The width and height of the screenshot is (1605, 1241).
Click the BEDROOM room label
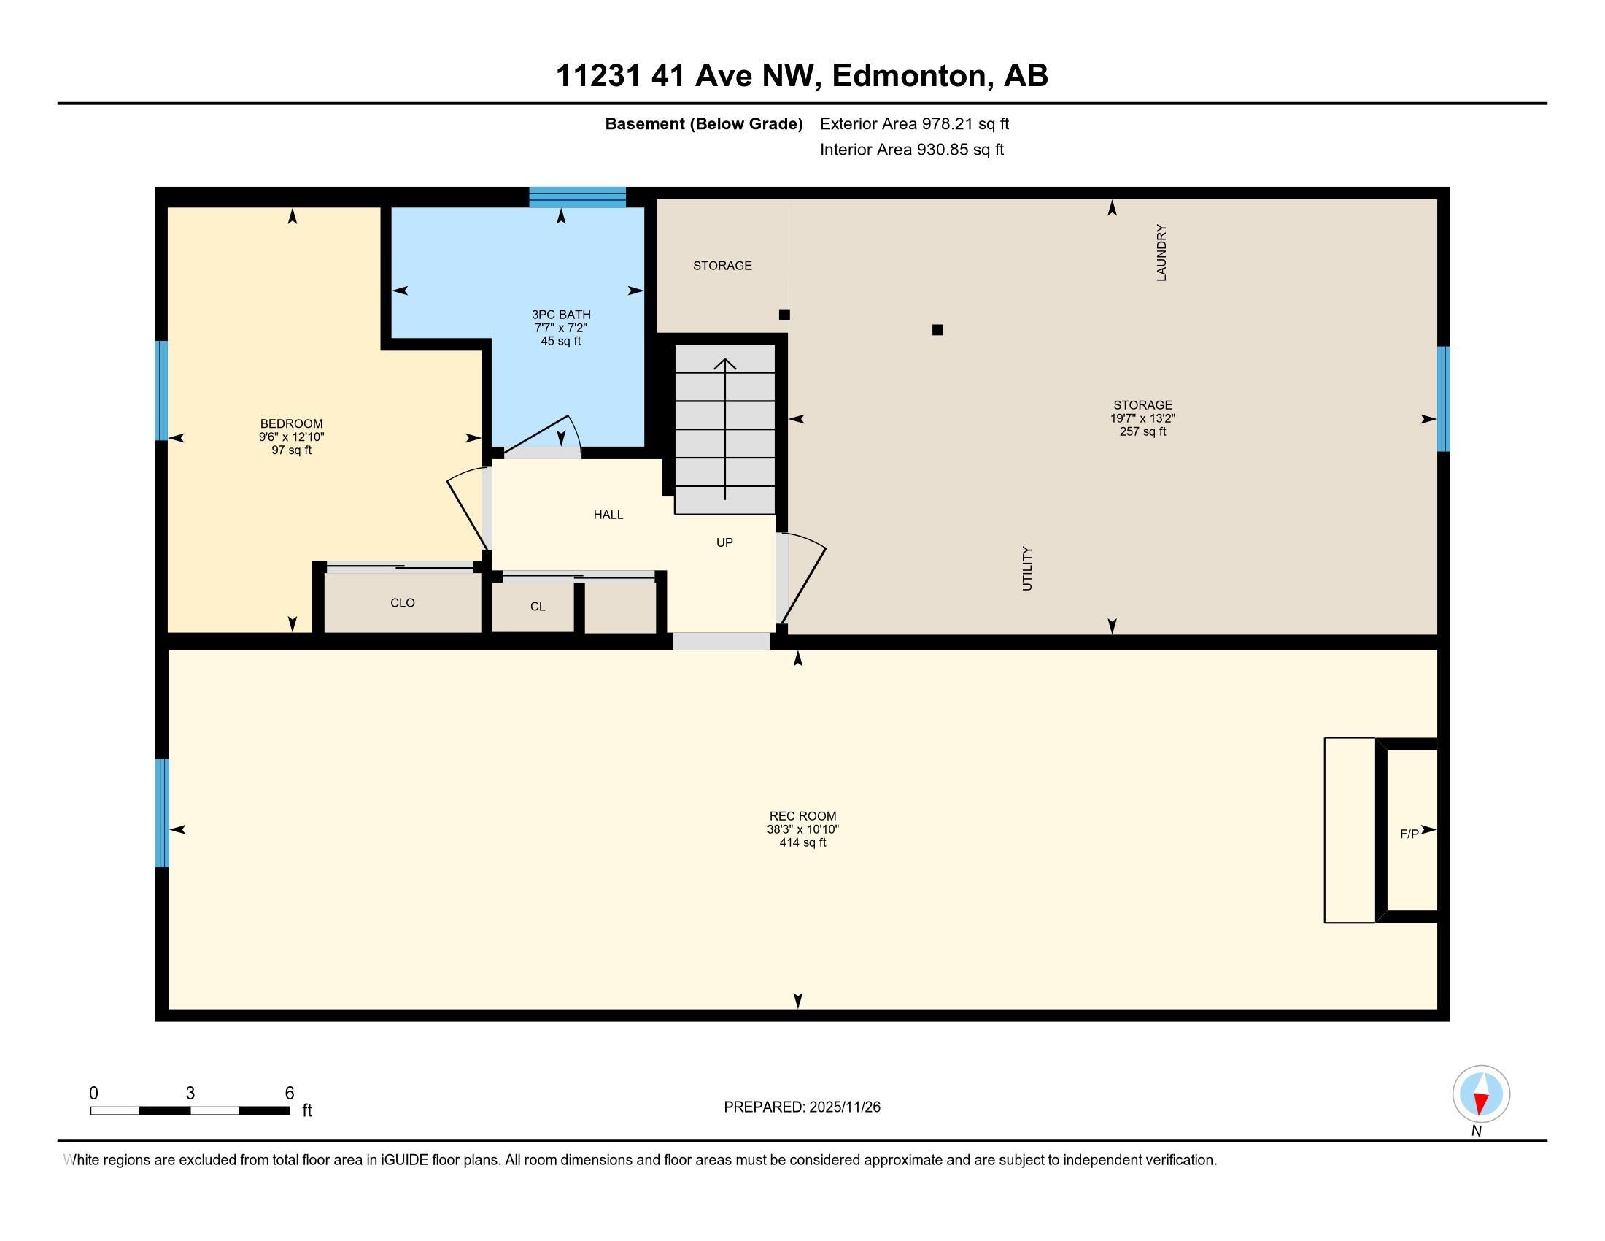[291, 423]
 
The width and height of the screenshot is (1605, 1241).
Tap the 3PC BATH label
[561, 315]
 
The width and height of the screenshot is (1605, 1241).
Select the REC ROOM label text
[802, 816]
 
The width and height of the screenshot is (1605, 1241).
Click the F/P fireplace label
[1409, 834]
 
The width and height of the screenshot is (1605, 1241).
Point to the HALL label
[608, 515]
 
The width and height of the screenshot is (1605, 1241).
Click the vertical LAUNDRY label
[1161, 253]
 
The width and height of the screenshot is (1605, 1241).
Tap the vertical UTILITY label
[1027, 568]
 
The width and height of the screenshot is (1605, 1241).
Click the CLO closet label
[402, 603]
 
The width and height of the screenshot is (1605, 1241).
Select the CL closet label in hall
[537, 607]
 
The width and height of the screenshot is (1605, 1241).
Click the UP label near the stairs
[724, 542]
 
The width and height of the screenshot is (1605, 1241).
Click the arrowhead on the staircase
[725, 364]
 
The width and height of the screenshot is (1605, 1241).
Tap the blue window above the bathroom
[577, 197]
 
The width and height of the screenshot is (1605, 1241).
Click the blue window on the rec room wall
[162, 812]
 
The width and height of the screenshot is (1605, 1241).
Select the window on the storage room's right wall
[1442, 399]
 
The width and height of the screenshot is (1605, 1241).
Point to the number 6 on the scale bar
[290, 1093]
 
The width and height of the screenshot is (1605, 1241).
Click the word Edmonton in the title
[908, 76]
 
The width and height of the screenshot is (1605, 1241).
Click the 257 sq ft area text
[1142, 431]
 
